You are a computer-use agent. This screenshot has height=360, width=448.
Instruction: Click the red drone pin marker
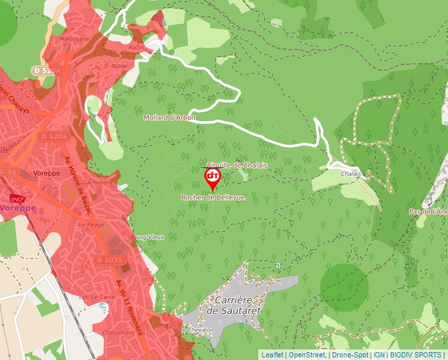(212, 177)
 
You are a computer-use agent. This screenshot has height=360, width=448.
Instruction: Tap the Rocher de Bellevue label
(213, 197)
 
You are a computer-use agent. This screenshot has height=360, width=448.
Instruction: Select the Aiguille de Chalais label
(237, 165)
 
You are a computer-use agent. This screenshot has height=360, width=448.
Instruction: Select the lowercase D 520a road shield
(54, 136)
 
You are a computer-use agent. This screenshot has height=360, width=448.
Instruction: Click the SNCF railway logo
(17, 198)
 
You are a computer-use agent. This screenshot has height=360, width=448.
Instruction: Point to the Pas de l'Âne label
(428, 212)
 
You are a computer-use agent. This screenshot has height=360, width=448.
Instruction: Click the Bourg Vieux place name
(146, 237)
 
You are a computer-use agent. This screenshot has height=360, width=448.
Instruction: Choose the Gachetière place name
(98, 182)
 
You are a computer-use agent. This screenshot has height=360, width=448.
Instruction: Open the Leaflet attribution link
(272, 355)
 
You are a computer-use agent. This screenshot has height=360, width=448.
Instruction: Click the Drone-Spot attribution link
(350, 355)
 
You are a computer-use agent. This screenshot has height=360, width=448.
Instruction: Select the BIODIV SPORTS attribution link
(416, 355)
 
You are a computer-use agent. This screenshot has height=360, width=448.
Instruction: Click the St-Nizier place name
(119, 65)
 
